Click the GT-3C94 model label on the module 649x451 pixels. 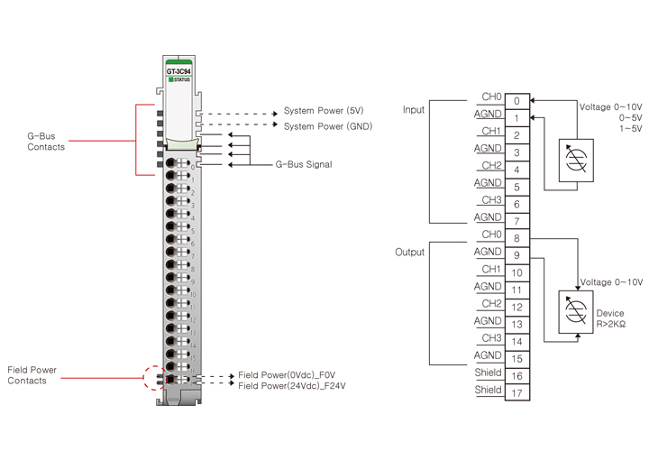(178, 71)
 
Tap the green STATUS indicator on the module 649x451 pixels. (171, 79)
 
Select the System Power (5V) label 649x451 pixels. (324, 111)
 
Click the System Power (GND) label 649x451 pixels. (328, 126)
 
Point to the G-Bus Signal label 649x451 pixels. (304, 164)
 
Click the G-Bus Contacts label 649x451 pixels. (46, 142)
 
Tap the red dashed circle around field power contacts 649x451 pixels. (154, 378)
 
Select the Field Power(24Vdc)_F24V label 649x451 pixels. (292, 386)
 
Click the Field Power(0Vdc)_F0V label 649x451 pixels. (287, 375)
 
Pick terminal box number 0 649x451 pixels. (517, 101)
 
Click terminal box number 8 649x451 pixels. (517, 238)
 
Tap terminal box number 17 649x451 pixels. (517, 392)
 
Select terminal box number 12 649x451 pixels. (517, 308)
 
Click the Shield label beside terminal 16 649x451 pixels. (488, 373)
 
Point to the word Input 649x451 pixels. (414, 110)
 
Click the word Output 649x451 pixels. (410, 253)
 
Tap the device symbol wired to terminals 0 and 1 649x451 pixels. (576, 161)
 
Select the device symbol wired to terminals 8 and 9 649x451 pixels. (576, 312)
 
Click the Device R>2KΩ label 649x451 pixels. (610, 318)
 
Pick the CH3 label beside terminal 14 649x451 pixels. (491, 338)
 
